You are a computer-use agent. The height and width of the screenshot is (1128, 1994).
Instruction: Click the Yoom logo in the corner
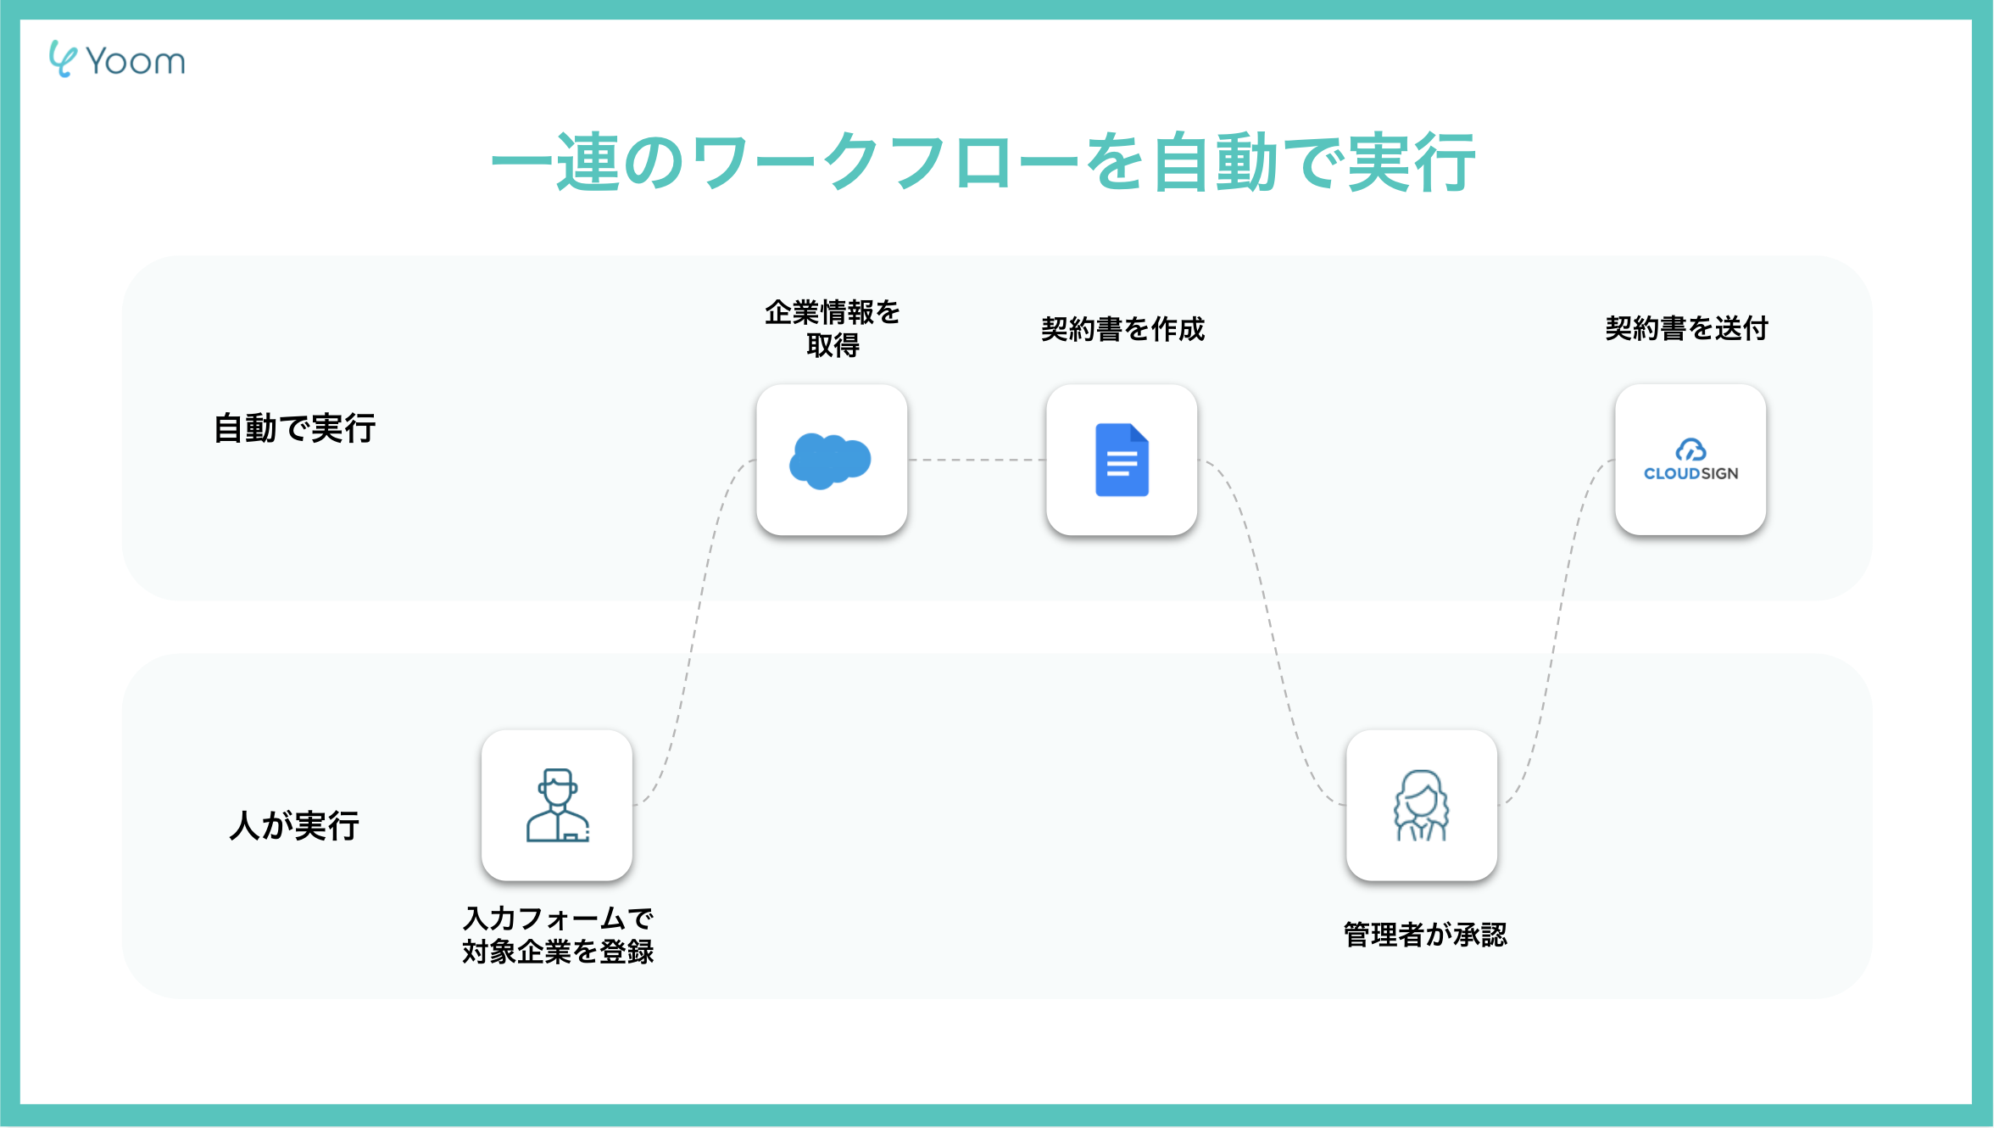pos(117,60)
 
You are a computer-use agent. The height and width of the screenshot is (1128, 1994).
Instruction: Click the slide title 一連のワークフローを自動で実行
pos(983,162)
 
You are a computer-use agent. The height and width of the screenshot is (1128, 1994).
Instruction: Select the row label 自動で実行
pos(294,428)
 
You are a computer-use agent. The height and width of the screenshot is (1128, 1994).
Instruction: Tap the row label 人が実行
pos(294,825)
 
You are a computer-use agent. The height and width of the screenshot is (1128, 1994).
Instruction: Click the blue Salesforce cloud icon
pos(830,461)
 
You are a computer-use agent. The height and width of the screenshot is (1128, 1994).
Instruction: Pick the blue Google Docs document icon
pos(1122,460)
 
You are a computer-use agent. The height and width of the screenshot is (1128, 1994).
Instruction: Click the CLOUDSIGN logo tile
pos(1690,460)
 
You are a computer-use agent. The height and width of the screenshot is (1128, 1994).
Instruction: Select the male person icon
pos(557,806)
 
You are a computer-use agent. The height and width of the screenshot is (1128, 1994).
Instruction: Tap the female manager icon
pos(1422,806)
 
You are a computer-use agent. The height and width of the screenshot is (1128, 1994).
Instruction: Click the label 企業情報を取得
pos(833,328)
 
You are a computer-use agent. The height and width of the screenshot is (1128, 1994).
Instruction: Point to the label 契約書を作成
pos(1122,329)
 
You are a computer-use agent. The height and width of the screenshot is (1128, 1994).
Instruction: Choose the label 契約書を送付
pos(1686,328)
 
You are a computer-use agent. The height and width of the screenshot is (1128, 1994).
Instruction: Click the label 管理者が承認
pos(1425,935)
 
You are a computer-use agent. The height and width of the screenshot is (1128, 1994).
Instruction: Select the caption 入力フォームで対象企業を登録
pos(558,935)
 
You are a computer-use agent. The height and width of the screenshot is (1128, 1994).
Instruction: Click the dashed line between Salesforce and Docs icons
pos(977,460)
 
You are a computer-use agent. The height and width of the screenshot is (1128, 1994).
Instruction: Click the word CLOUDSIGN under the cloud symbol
pos(1690,474)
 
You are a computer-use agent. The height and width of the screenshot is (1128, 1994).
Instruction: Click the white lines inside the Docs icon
pos(1122,464)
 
